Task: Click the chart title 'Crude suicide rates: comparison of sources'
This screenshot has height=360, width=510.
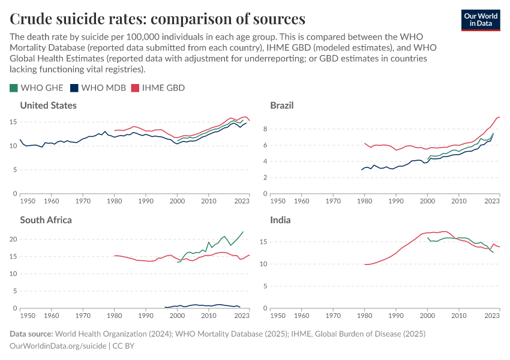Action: [157, 19]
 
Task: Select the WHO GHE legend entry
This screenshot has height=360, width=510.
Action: [37, 88]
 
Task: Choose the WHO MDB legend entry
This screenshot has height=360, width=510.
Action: [98, 88]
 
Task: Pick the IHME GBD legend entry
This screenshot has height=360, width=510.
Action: [158, 88]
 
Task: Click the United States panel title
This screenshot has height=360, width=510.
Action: [48, 106]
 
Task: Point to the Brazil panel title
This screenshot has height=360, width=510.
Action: [281, 106]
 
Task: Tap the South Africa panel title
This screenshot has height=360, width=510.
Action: [46, 220]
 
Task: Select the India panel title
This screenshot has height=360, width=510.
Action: [280, 220]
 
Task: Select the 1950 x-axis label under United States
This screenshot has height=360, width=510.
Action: [27, 201]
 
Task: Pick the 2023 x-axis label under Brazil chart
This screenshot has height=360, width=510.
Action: [491, 201]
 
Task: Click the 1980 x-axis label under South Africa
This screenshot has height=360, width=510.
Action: [114, 316]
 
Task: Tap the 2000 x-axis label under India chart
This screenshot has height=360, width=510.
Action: [427, 316]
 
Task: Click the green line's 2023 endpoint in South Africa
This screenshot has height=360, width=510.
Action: [243, 232]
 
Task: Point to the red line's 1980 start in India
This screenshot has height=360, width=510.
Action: [365, 264]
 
